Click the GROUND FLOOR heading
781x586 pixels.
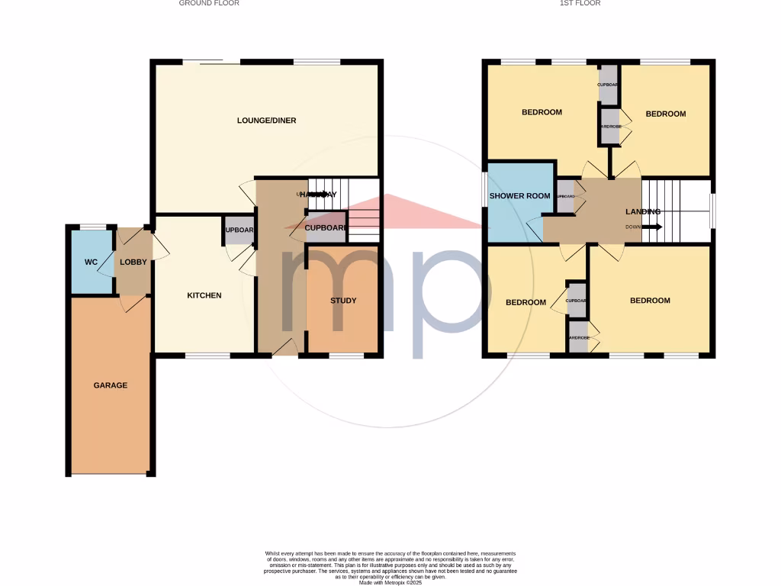pyautogui.click(x=209, y=3)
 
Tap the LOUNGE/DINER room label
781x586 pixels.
pyautogui.click(x=266, y=121)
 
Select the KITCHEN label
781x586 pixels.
pyautogui.click(x=204, y=295)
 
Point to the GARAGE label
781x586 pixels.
pyautogui.click(x=111, y=385)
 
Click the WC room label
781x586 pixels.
pyautogui.click(x=91, y=262)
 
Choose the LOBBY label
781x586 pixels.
pyautogui.click(x=133, y=262)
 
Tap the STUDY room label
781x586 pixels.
pyautogui.click(x=343, y=301)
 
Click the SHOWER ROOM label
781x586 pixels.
pyautogui.click(x=519, y=196)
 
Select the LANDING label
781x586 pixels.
pyautogui.click(x=642, y=211)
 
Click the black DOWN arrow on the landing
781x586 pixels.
pyautogui.click(x=653, y=227)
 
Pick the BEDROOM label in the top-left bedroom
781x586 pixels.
pyautogui.click(x=542, y=112)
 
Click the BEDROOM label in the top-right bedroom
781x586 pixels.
pyautogui.click(x=665, y=114)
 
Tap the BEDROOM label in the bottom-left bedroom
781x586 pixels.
pyautogui.click(x=526, y=302)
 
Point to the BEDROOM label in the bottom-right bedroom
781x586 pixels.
pyautogui.click(x=650, y=301)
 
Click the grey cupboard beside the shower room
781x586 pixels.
pyautogui.click(x=565, y=196)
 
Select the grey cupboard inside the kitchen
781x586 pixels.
pyautogui.click(x=239, y=230)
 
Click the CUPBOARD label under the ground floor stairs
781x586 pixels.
pyautogui.click(x=326, y=228)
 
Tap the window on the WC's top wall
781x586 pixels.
pyautogui.click(x=93, y=226)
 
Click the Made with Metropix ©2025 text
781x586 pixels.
pyautogui.click(x=390, y=583)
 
